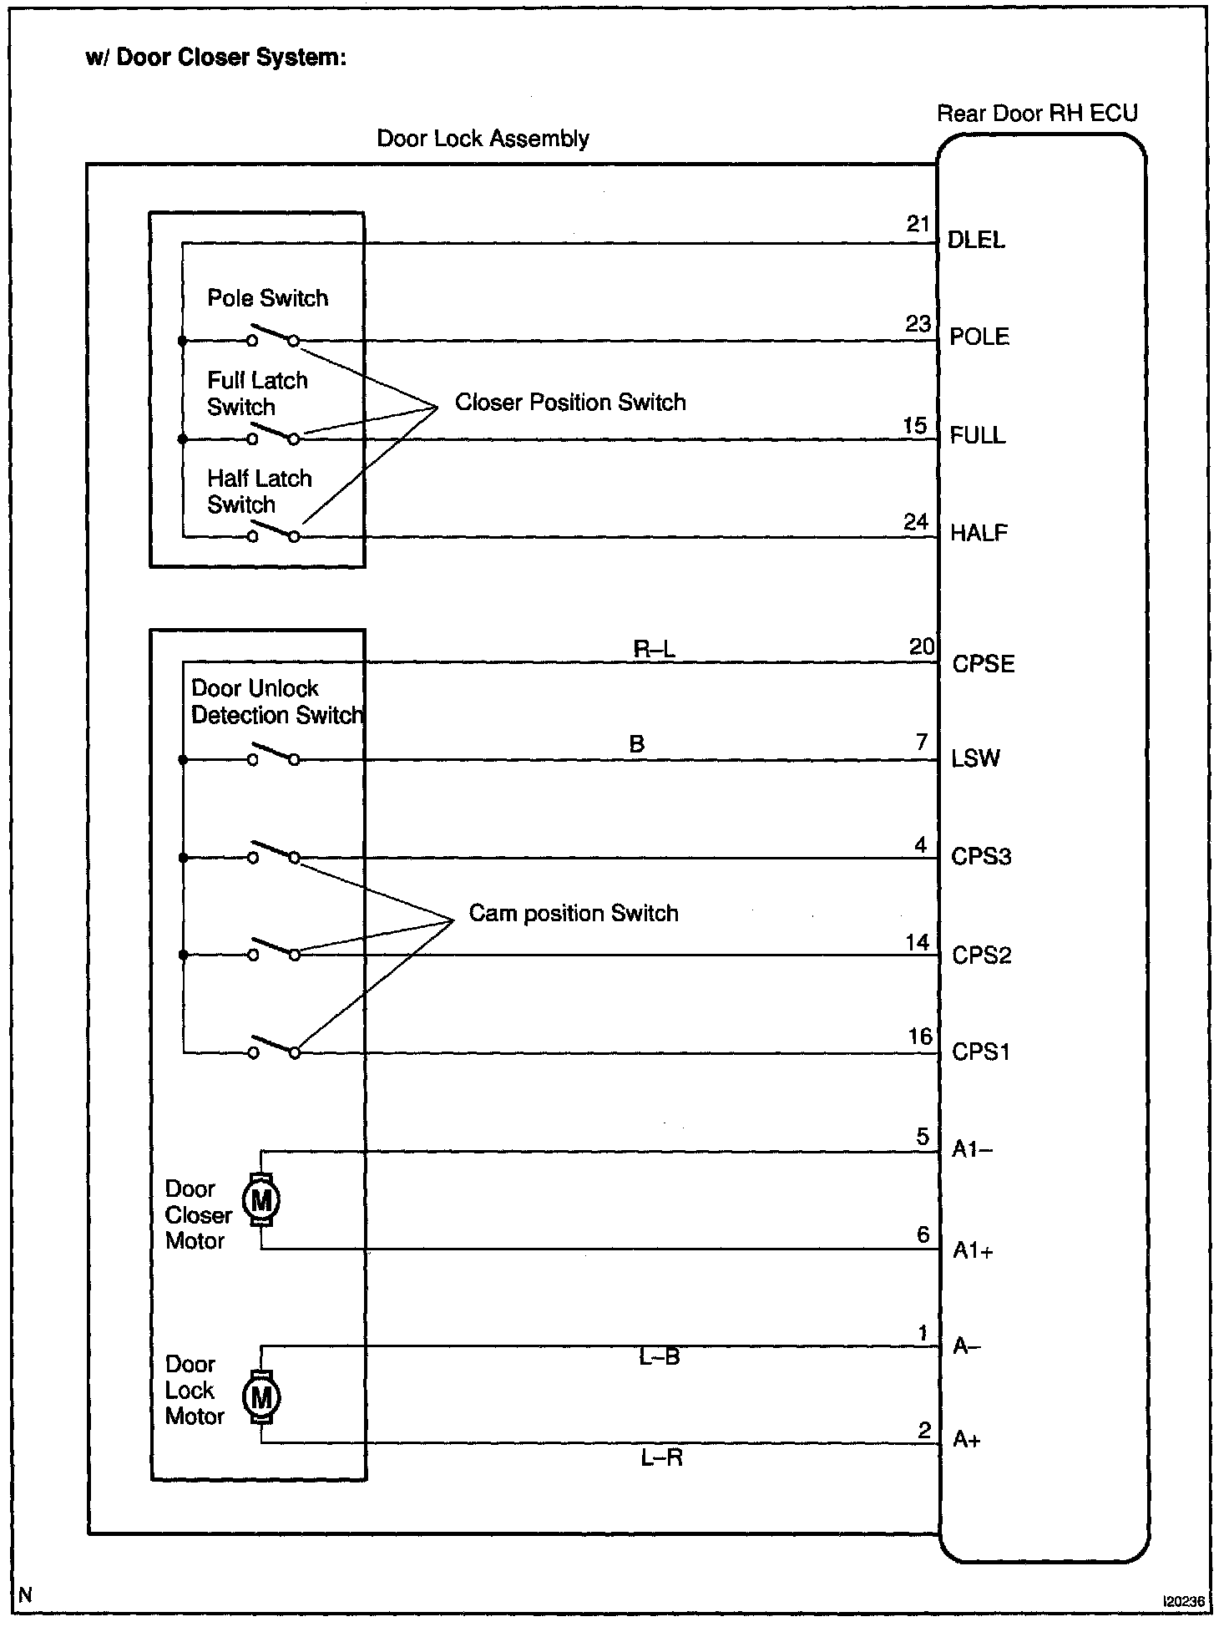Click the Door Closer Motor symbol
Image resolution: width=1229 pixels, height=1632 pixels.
(x=261, y=1200)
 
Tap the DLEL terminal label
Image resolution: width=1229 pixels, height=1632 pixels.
(x=976, y=241)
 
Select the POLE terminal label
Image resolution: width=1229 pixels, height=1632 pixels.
(x=979, y=337)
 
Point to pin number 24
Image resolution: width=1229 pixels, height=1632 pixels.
(x=916, y=522)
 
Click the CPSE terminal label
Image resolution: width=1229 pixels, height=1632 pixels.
(x=984, y=664)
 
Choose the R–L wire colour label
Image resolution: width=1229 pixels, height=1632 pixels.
(x=654, y=649)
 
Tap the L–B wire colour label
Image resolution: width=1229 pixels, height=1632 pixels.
(x=660, y=1357)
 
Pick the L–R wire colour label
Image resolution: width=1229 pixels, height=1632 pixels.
(x=662, y=1457)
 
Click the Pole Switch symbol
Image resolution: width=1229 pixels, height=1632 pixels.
(x=273, y=336)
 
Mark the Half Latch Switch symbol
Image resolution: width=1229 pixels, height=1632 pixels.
(x=273, y=531)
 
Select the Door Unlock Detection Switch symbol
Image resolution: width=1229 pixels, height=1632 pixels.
(x=273, y=755)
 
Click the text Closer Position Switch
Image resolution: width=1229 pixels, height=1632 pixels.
(x=570, y=403)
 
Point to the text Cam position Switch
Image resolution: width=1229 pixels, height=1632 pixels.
(x=574, y=913)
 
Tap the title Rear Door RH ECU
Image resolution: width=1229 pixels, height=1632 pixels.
(x=1037, y=114)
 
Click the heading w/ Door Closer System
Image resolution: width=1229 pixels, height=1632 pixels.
(x=215, y=58)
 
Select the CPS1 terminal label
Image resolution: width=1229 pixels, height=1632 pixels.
(x=981, y=1052)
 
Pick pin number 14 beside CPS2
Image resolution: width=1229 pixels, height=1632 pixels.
(x=918, y=943)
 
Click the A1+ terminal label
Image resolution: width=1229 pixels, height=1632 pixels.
(x=974, y=1250)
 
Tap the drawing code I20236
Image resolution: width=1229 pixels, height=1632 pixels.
(x=1184, y=1601)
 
